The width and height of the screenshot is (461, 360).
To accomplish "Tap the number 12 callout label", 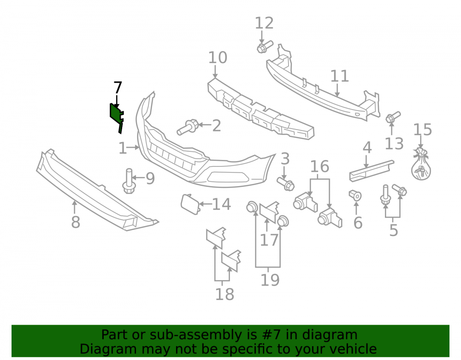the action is point(264,23).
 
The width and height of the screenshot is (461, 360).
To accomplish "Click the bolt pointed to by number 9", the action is point(129,181).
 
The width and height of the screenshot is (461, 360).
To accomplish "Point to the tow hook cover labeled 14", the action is point(190,204).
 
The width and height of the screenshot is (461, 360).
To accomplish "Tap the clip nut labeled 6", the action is point(355,195).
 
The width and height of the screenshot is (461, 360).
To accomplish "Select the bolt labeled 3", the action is point(285,183).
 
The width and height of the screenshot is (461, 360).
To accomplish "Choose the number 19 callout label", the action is point(270,280).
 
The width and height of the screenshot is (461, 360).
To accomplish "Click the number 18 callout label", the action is point(225,294).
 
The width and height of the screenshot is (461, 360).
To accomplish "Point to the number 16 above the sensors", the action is point(319,166).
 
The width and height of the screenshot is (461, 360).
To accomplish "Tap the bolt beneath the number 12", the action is point(265,47).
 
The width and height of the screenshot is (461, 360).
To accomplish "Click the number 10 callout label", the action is point(218,58).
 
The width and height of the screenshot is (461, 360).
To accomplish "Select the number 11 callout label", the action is point(340,76).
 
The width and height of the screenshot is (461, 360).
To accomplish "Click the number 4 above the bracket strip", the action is point(367,148).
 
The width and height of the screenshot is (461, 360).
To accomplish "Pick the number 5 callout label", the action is point(394,230).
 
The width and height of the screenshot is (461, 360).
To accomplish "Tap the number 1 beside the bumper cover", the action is point(123,148).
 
